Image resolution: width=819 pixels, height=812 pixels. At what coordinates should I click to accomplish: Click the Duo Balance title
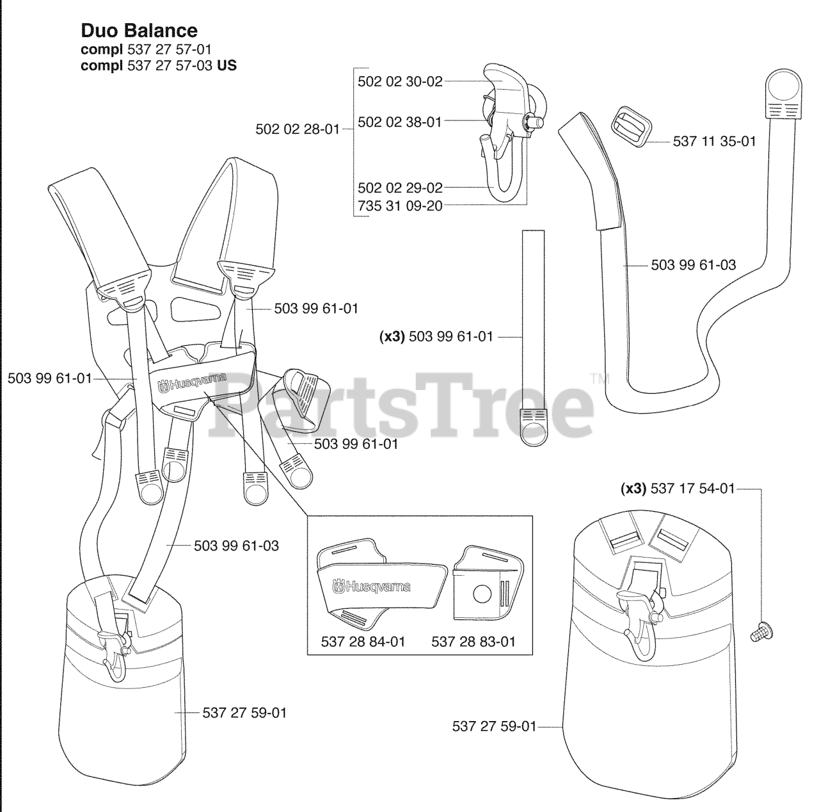(x=139, y=30)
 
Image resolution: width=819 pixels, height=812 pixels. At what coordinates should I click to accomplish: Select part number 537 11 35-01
(x=714, y=141)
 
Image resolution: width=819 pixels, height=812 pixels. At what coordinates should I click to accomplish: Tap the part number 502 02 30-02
(x=400, y=82)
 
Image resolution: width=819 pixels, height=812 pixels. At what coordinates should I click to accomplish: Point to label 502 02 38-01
(x=400, y=122)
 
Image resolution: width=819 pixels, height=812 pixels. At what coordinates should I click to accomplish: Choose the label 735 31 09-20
(x=400, y=206)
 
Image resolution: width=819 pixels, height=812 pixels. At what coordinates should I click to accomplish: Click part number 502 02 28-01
(x=298, y=129)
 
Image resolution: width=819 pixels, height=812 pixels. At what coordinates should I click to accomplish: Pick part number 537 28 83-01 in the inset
(x=473, y=641)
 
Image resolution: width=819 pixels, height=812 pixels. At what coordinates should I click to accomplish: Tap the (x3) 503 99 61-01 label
(x=437, y=336)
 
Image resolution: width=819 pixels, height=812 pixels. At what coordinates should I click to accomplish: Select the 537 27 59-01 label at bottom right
(x=494, y=726)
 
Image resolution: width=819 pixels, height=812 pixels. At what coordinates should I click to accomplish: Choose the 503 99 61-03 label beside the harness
(x=236, y=546)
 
